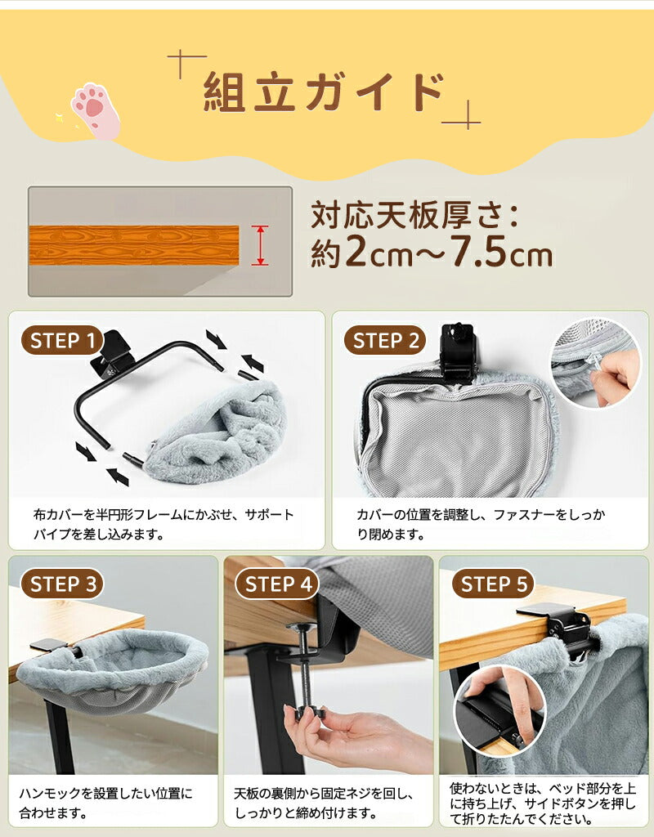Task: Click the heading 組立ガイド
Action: (x=324, y=92)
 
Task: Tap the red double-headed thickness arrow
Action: (x=259, y=245)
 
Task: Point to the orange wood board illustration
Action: (x=134, y=245)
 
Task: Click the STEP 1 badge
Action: (x=62, y=340)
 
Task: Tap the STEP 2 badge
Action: (x=386, y=341)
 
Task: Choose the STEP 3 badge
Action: (x=62, y=584)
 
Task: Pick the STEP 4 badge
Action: (x=278, y=584)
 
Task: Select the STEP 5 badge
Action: (x=493, y=584)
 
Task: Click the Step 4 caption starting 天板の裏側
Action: (x=324, y=803)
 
